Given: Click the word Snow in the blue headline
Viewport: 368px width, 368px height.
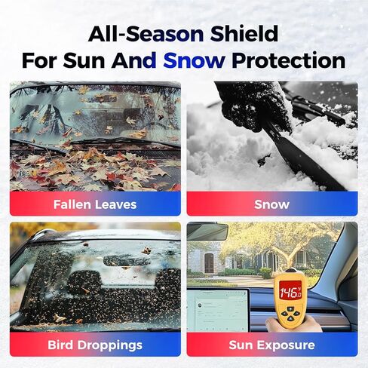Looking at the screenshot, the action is pos(194,60).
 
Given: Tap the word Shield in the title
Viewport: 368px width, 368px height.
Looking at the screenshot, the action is pos(244,34).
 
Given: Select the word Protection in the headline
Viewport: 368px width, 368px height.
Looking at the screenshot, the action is pos(288,60).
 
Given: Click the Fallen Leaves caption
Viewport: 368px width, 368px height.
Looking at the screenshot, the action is pos(95,204).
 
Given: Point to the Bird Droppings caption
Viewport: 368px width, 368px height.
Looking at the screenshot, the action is pos(95,345).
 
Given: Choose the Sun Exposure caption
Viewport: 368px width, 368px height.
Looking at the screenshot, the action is pos(272,345).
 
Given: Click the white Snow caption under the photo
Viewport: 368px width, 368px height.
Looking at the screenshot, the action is pos(272,204).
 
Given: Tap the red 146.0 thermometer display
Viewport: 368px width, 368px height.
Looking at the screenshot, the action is pos(290,292).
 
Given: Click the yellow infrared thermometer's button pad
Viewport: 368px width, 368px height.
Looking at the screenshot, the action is pos(290,314).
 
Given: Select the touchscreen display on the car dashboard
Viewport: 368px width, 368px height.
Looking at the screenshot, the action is pos(218,310).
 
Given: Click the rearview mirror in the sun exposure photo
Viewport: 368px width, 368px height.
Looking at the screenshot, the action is pos(207,232).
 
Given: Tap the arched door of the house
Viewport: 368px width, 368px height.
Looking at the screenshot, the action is pos(209,263).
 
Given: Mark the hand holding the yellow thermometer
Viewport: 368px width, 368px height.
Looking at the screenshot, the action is pos(293,324).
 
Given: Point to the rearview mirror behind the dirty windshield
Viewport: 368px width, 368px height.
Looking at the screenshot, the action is pos(124,261).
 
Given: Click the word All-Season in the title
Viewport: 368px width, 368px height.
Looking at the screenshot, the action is pos(146,34).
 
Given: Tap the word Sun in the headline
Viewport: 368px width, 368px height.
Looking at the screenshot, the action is pos(84,60).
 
